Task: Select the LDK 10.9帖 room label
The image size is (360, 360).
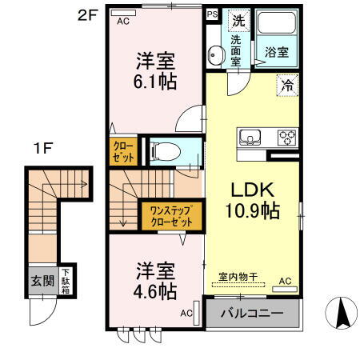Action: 254,201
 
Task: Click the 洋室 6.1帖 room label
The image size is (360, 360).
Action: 155,70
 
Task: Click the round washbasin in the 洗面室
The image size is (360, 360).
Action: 214,55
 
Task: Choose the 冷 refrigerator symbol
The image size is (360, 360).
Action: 286,83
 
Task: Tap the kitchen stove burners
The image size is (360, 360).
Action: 286,138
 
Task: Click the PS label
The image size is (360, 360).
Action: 212,14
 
